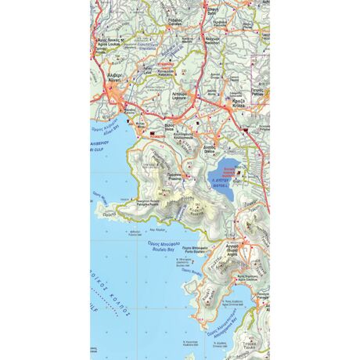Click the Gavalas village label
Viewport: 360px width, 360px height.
(175, 21)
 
